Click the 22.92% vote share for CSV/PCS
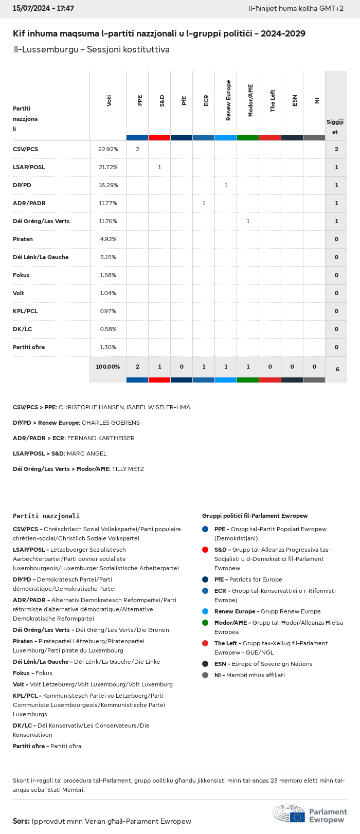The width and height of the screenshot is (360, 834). click(x=108, y=149)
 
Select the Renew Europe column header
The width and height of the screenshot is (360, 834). click(x=228, y=101)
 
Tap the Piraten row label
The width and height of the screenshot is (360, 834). click(x=23, y=239)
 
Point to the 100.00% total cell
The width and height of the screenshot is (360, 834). click(x=108, y=367)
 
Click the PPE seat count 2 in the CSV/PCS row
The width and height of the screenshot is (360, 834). click(x=137, y=149)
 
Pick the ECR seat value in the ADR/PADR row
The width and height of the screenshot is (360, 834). click(x=204, y=203)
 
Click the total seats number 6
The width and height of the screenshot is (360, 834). click(x=337, y=369)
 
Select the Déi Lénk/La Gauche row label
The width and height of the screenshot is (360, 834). click(x=41, y=257)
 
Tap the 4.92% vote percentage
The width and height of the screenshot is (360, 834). click(x=108, y=239)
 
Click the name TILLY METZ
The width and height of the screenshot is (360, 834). click(x=128, y=469)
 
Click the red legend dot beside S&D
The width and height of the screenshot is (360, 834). click(x=205, y=550)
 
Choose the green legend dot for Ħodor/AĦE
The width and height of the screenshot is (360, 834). click(x=205, y=623)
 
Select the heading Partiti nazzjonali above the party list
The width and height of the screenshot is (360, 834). click(x=46, y=516)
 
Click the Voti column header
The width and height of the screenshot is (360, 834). click(x=109, y=101)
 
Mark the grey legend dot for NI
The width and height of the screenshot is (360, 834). click(x=205, y=675)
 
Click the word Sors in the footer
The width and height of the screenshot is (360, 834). click(x=21, y=821)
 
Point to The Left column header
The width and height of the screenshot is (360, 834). click(x=273, y=101)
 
